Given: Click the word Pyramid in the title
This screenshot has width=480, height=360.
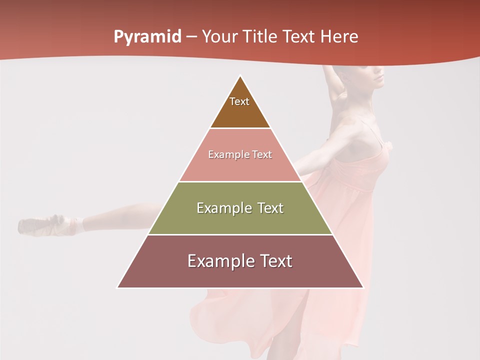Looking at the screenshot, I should pyautogui.click(x=147, y=37).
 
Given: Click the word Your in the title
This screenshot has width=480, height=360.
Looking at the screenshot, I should pyautogui.click(x=219, y=37).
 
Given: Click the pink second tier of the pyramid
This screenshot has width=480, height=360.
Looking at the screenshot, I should pyautogui.click(x=240, y=167).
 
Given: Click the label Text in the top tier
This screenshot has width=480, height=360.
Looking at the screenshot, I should pyautogui.click(x=239, y=101).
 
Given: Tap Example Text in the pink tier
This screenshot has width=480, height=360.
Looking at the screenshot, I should pyautogui.click(x=240, y=154).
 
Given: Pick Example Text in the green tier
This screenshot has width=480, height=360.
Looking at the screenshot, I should pyautogui.click(x=240, y=208).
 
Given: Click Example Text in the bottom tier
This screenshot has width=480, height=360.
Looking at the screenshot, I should pyautogui.click(x=240, y=261).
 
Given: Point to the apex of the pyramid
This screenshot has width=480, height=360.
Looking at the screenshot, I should pyautogui.click(x=240, y=76).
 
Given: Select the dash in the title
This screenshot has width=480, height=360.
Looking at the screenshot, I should pyautogui.click(x=191, y=37).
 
